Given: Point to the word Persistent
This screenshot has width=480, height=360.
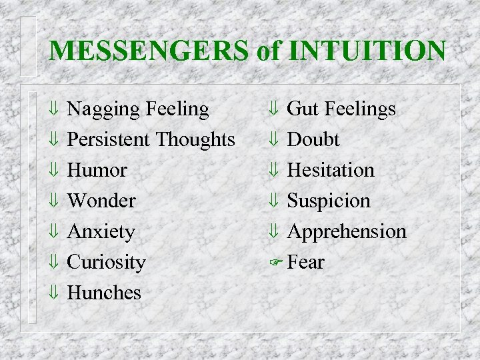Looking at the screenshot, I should tap(109, 139).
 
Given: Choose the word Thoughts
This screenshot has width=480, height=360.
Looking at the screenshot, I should tap(195, 139).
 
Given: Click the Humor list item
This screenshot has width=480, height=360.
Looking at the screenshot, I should tap(97, 170).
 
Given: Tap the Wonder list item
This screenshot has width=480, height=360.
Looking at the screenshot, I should tap(102, 201).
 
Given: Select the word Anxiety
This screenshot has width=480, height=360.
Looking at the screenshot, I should tap(101, 232).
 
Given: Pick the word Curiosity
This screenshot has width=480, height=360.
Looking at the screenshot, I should tap(107, 262).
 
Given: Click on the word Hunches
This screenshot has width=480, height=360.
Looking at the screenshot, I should tap(105, 293).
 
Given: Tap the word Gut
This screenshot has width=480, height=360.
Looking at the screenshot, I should tap(303, 109).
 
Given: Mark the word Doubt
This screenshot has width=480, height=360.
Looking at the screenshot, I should tap(313, 139).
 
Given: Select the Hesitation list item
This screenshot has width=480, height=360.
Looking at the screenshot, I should tap(331, 170).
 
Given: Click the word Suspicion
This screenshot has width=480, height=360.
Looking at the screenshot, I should tap(329, 201).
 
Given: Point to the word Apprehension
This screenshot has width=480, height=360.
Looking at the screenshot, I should tap(347, 232).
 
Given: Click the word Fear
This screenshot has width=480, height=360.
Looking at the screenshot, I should tap(306, 262).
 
